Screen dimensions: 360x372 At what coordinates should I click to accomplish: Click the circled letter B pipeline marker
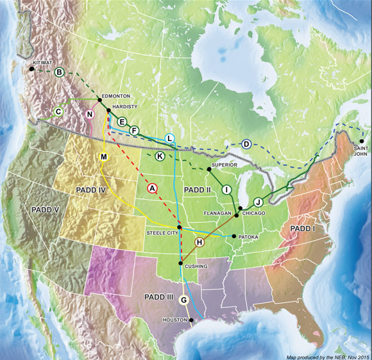59,72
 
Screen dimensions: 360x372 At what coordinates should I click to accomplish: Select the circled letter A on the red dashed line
152,188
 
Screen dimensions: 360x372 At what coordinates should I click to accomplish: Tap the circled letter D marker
246,144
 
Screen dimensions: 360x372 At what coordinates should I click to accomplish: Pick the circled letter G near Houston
185,300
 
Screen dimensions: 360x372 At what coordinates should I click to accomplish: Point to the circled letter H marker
199,242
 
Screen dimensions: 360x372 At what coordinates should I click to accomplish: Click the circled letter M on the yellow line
104,157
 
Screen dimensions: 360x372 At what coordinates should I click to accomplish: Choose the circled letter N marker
90,115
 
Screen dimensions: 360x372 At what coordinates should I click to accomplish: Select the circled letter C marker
58,111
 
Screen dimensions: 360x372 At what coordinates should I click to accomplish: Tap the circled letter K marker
160,156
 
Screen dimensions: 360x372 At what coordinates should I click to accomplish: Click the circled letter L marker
169,138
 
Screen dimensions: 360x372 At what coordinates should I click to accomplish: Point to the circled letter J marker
258,200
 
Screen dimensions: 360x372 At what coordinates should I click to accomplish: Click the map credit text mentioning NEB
326,355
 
